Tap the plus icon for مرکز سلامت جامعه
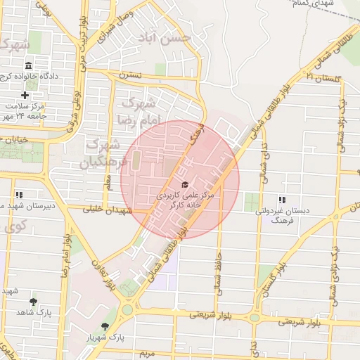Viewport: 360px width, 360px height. click(x=25, y=95)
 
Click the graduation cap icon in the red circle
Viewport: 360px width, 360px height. click(x=185, y=184)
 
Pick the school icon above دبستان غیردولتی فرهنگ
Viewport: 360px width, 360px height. click(x=282, y=200)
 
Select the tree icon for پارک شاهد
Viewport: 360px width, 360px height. click(x=33, y=301)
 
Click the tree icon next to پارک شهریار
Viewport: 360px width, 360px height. click(x=105, y=326)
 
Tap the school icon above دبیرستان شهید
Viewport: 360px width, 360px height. click(x=19, y=195)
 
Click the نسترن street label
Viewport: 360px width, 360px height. click(x=130, y=73)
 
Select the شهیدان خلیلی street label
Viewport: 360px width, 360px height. click(x=105, y=210)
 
